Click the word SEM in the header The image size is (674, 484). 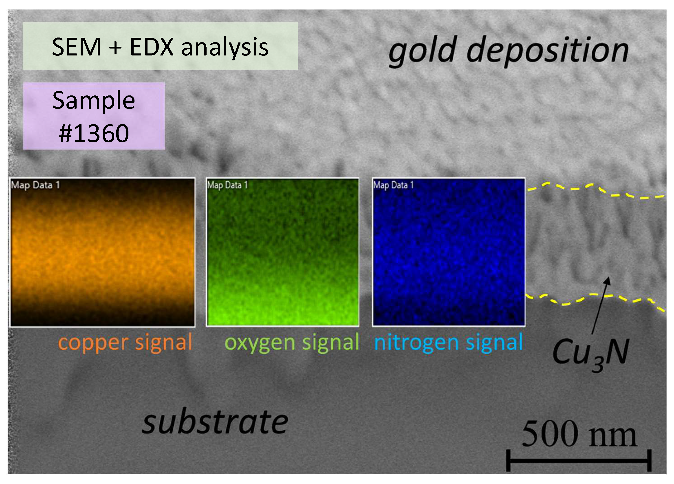pos(76,47)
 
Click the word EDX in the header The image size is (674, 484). pos(152,47)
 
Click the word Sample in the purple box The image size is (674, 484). pos(94,100)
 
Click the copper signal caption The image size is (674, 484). pos(125,343)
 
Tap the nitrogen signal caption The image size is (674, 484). pos(448,343)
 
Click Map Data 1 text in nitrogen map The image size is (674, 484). pos(393,185)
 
